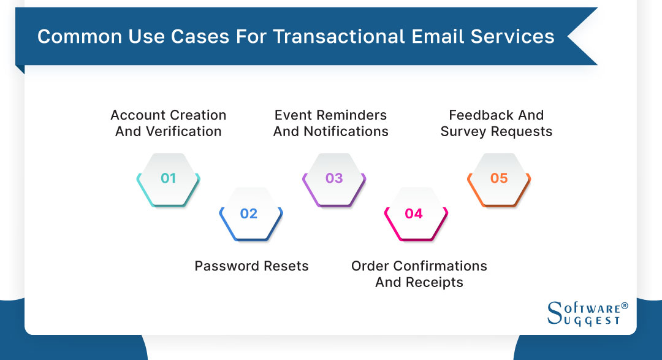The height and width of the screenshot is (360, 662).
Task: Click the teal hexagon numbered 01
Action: (168, 178)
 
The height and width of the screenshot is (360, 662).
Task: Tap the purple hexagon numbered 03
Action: (334, 178)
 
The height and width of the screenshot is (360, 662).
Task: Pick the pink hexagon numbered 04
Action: (414, 213)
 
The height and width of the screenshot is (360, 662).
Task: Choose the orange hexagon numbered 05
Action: (499, 178)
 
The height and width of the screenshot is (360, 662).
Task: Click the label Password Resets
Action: (251, 266)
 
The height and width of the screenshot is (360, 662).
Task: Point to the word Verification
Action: (183, 131)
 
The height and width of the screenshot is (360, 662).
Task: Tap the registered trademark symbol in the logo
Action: (625, 305)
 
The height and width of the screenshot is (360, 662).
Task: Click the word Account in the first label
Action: (138, 115)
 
